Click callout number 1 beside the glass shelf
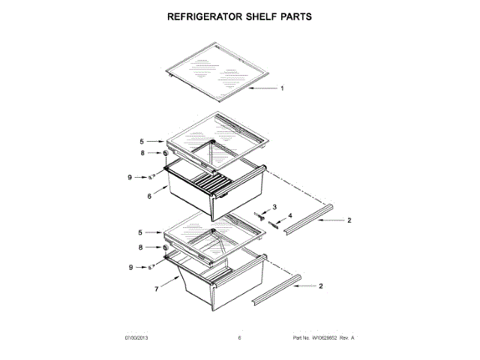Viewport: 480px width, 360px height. [x=282, y=88]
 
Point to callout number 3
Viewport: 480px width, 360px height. [x=274, y=206]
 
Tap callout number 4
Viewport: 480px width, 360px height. [x=291, y=216]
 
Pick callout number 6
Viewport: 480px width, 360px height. [x=150, y=197]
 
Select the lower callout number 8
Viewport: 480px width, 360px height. [x=140, y=247]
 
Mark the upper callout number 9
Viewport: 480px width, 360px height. [x=129, y=177]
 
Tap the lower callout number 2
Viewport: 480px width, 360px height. [x=322, y=286]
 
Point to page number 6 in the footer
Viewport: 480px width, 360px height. [x=239, y=339]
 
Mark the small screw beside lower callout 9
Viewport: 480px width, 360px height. [x=150, y=266]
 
